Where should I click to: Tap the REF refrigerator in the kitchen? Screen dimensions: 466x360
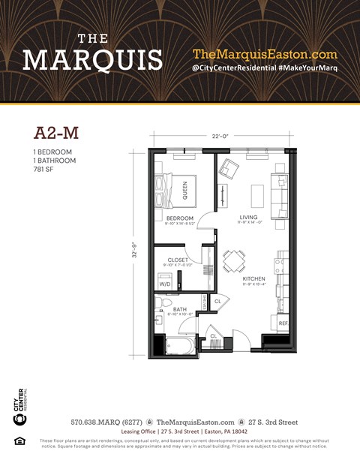click(x=283, y=323)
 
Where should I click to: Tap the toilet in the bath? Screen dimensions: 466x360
click(x=160, y=304)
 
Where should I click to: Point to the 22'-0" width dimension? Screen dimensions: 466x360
click(x=220, y=136)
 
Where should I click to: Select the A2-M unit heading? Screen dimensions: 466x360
click(x=56, y=134)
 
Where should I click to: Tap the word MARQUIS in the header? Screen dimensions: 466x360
click(x=93, y=59)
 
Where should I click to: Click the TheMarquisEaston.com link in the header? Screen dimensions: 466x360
click(x=265, y=54)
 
